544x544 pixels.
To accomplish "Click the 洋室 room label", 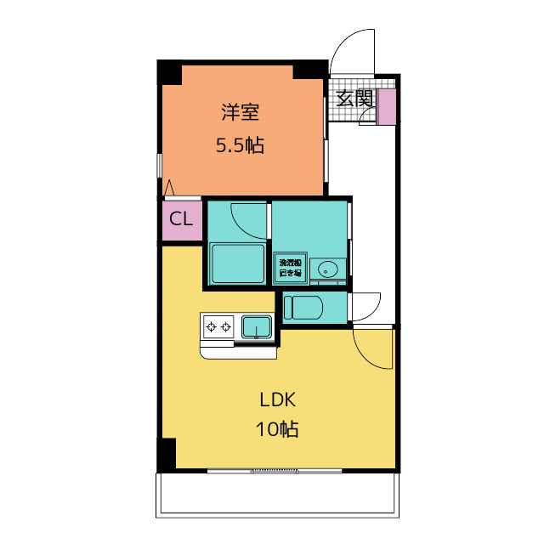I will point(240,111).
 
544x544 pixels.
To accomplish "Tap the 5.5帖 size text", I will point(240,145).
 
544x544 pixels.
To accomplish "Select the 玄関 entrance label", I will point(354,99).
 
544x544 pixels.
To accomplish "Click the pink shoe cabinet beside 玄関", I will point(387,106).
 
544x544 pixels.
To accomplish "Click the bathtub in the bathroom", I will point(236,263).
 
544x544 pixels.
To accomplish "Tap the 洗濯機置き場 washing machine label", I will point(289,269).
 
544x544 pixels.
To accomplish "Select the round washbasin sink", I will point(327,270).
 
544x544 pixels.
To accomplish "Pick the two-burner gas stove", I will point(218,326).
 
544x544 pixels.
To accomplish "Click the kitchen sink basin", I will point(256,326).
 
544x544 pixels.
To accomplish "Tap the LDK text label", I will point(277,400).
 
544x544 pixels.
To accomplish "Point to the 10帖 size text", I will point(277,430).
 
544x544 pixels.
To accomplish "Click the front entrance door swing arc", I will point(350,51).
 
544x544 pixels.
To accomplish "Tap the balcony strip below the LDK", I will point(277,493).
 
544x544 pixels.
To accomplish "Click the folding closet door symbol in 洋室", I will point(170,189).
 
